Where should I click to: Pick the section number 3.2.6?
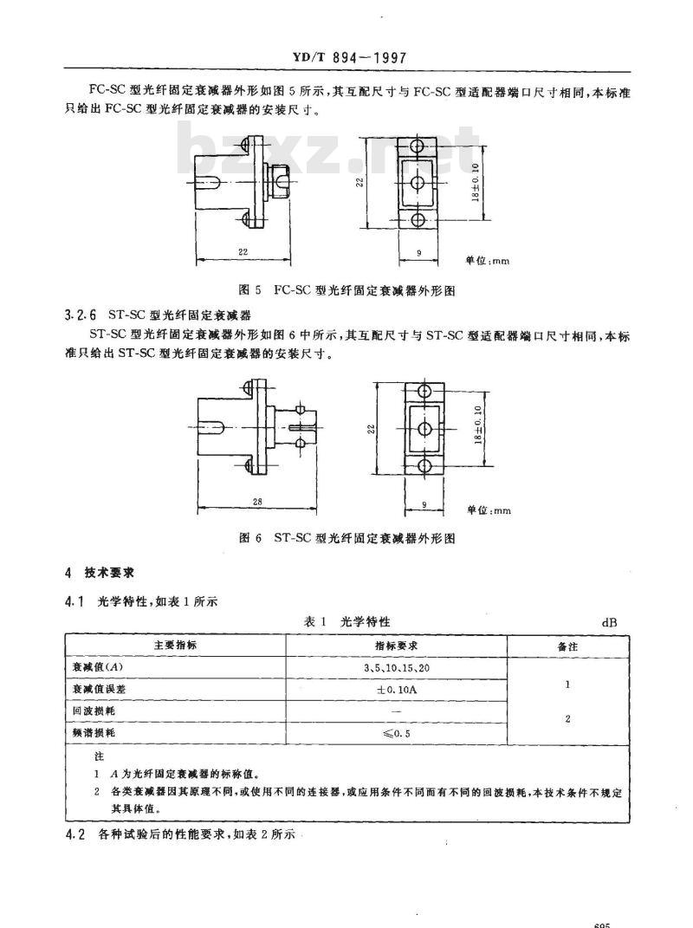tap(79, 315)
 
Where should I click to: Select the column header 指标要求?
tap(396, 646)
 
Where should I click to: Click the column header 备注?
tap(566, 646)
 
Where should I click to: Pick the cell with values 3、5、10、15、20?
tap(396, 667)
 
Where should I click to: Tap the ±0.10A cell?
tap(396, 689)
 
